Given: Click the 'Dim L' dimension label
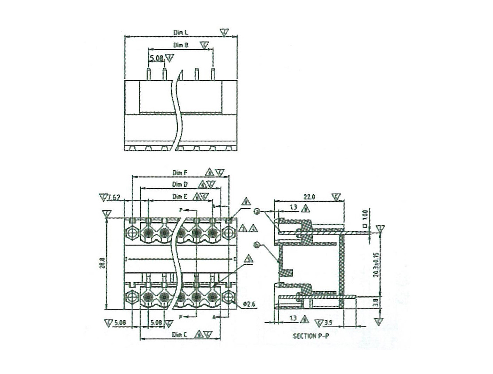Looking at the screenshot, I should coord(181,32).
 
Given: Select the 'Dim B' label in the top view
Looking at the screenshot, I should coord(181,45).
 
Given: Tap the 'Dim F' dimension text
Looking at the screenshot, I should coord(180,173).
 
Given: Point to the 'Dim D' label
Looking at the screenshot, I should coord(180,185).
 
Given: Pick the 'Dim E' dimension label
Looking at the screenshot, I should coord(180,197).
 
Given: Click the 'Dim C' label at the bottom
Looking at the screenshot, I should coord(180,335).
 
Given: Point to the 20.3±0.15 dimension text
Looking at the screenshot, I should coord(375,265).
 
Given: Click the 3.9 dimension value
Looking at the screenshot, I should coord(328,323).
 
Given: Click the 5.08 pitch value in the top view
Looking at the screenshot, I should coord(157,59).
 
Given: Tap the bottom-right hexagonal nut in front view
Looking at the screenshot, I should coord(229,297).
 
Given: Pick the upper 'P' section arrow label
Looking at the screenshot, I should coord(181,210).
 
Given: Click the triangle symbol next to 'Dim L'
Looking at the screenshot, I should coord(225,33).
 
